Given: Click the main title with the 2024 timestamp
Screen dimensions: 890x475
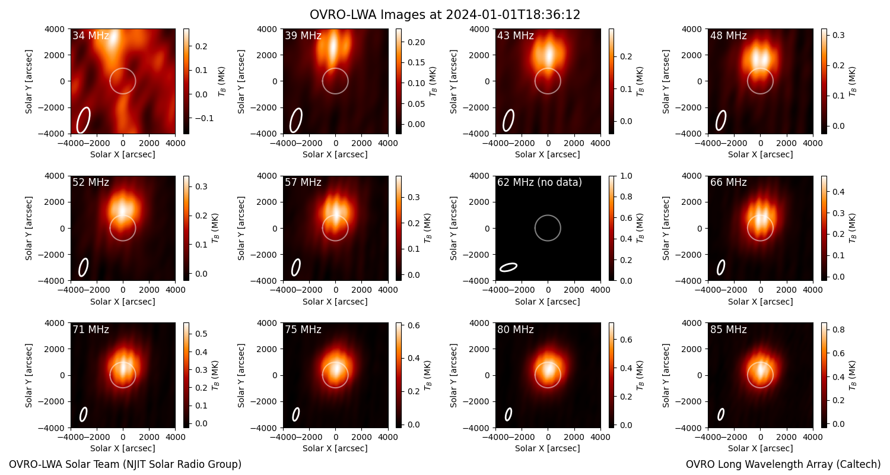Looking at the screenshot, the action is tap(444, 14).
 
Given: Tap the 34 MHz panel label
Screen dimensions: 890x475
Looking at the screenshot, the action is tap(91, 36).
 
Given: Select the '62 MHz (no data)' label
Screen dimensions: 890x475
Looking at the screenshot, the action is tap(539, 182).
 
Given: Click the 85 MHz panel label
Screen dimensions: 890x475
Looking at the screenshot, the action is tap(728, 330).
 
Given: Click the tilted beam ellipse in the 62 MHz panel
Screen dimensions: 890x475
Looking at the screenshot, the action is tap(508, 267).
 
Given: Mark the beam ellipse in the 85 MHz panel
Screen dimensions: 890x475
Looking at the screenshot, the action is tap(721, 414).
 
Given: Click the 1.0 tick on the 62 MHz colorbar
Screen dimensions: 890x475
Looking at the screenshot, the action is tap(626, 176).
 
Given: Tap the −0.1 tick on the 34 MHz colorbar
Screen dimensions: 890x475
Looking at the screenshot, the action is tap(204, 118).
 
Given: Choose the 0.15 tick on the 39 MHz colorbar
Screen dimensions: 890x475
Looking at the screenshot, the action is tap(416, 62).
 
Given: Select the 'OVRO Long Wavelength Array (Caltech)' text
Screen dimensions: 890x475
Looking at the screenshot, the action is tap(783, 464).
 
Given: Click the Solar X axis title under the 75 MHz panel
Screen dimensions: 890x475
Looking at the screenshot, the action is tap(335, 448).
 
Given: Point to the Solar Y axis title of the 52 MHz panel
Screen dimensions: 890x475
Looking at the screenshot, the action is tap(28, 228).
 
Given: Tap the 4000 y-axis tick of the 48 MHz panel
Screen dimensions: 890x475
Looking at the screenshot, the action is tap(692, 29).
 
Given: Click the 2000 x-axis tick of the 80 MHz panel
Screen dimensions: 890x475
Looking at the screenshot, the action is tap(574, 437).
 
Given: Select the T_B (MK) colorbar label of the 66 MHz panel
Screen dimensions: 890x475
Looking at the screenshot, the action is tap(852, 228).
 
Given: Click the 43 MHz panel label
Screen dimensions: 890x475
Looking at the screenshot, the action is tap(516, 36).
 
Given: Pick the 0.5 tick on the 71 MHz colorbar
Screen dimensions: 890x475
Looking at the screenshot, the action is tap(202, 334).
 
